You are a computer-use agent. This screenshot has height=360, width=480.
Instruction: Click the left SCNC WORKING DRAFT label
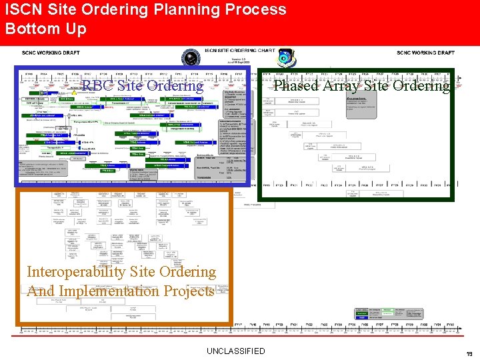51,53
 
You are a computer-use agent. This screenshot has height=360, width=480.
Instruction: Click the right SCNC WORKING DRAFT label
425,53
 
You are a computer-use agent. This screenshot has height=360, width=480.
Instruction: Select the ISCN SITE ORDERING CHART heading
239,51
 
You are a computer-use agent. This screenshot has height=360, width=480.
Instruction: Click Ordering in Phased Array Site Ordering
421,85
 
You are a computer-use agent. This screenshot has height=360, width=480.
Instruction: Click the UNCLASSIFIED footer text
235,351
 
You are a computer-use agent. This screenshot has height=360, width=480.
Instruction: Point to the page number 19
469,354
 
